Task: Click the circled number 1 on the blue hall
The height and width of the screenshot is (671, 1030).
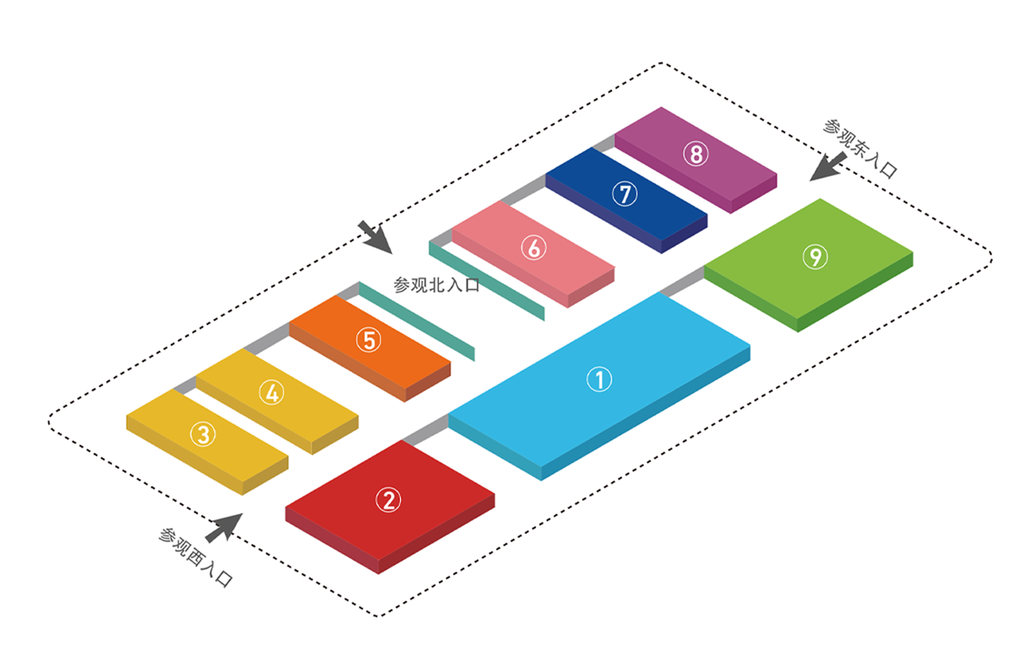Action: coord(599,380)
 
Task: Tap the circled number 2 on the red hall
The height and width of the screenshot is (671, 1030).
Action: coord(388,500)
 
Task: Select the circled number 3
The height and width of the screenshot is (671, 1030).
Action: coord(203,434)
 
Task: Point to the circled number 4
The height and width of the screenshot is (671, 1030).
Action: coord(271,392)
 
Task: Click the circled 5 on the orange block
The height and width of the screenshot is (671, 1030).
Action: coord(369,340)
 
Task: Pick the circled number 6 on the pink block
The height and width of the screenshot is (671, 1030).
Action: coord(533,247)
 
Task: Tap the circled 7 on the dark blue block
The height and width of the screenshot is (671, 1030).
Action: coord(625,193)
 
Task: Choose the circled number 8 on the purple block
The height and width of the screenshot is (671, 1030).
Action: coord(695,154)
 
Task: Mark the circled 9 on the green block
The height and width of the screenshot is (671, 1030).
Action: coord(815,257)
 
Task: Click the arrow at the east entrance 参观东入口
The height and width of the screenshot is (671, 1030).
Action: coord(826,168)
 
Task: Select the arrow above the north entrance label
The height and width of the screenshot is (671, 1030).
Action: coord(374,237)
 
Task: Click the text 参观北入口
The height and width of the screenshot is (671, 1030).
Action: coord(436,285)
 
